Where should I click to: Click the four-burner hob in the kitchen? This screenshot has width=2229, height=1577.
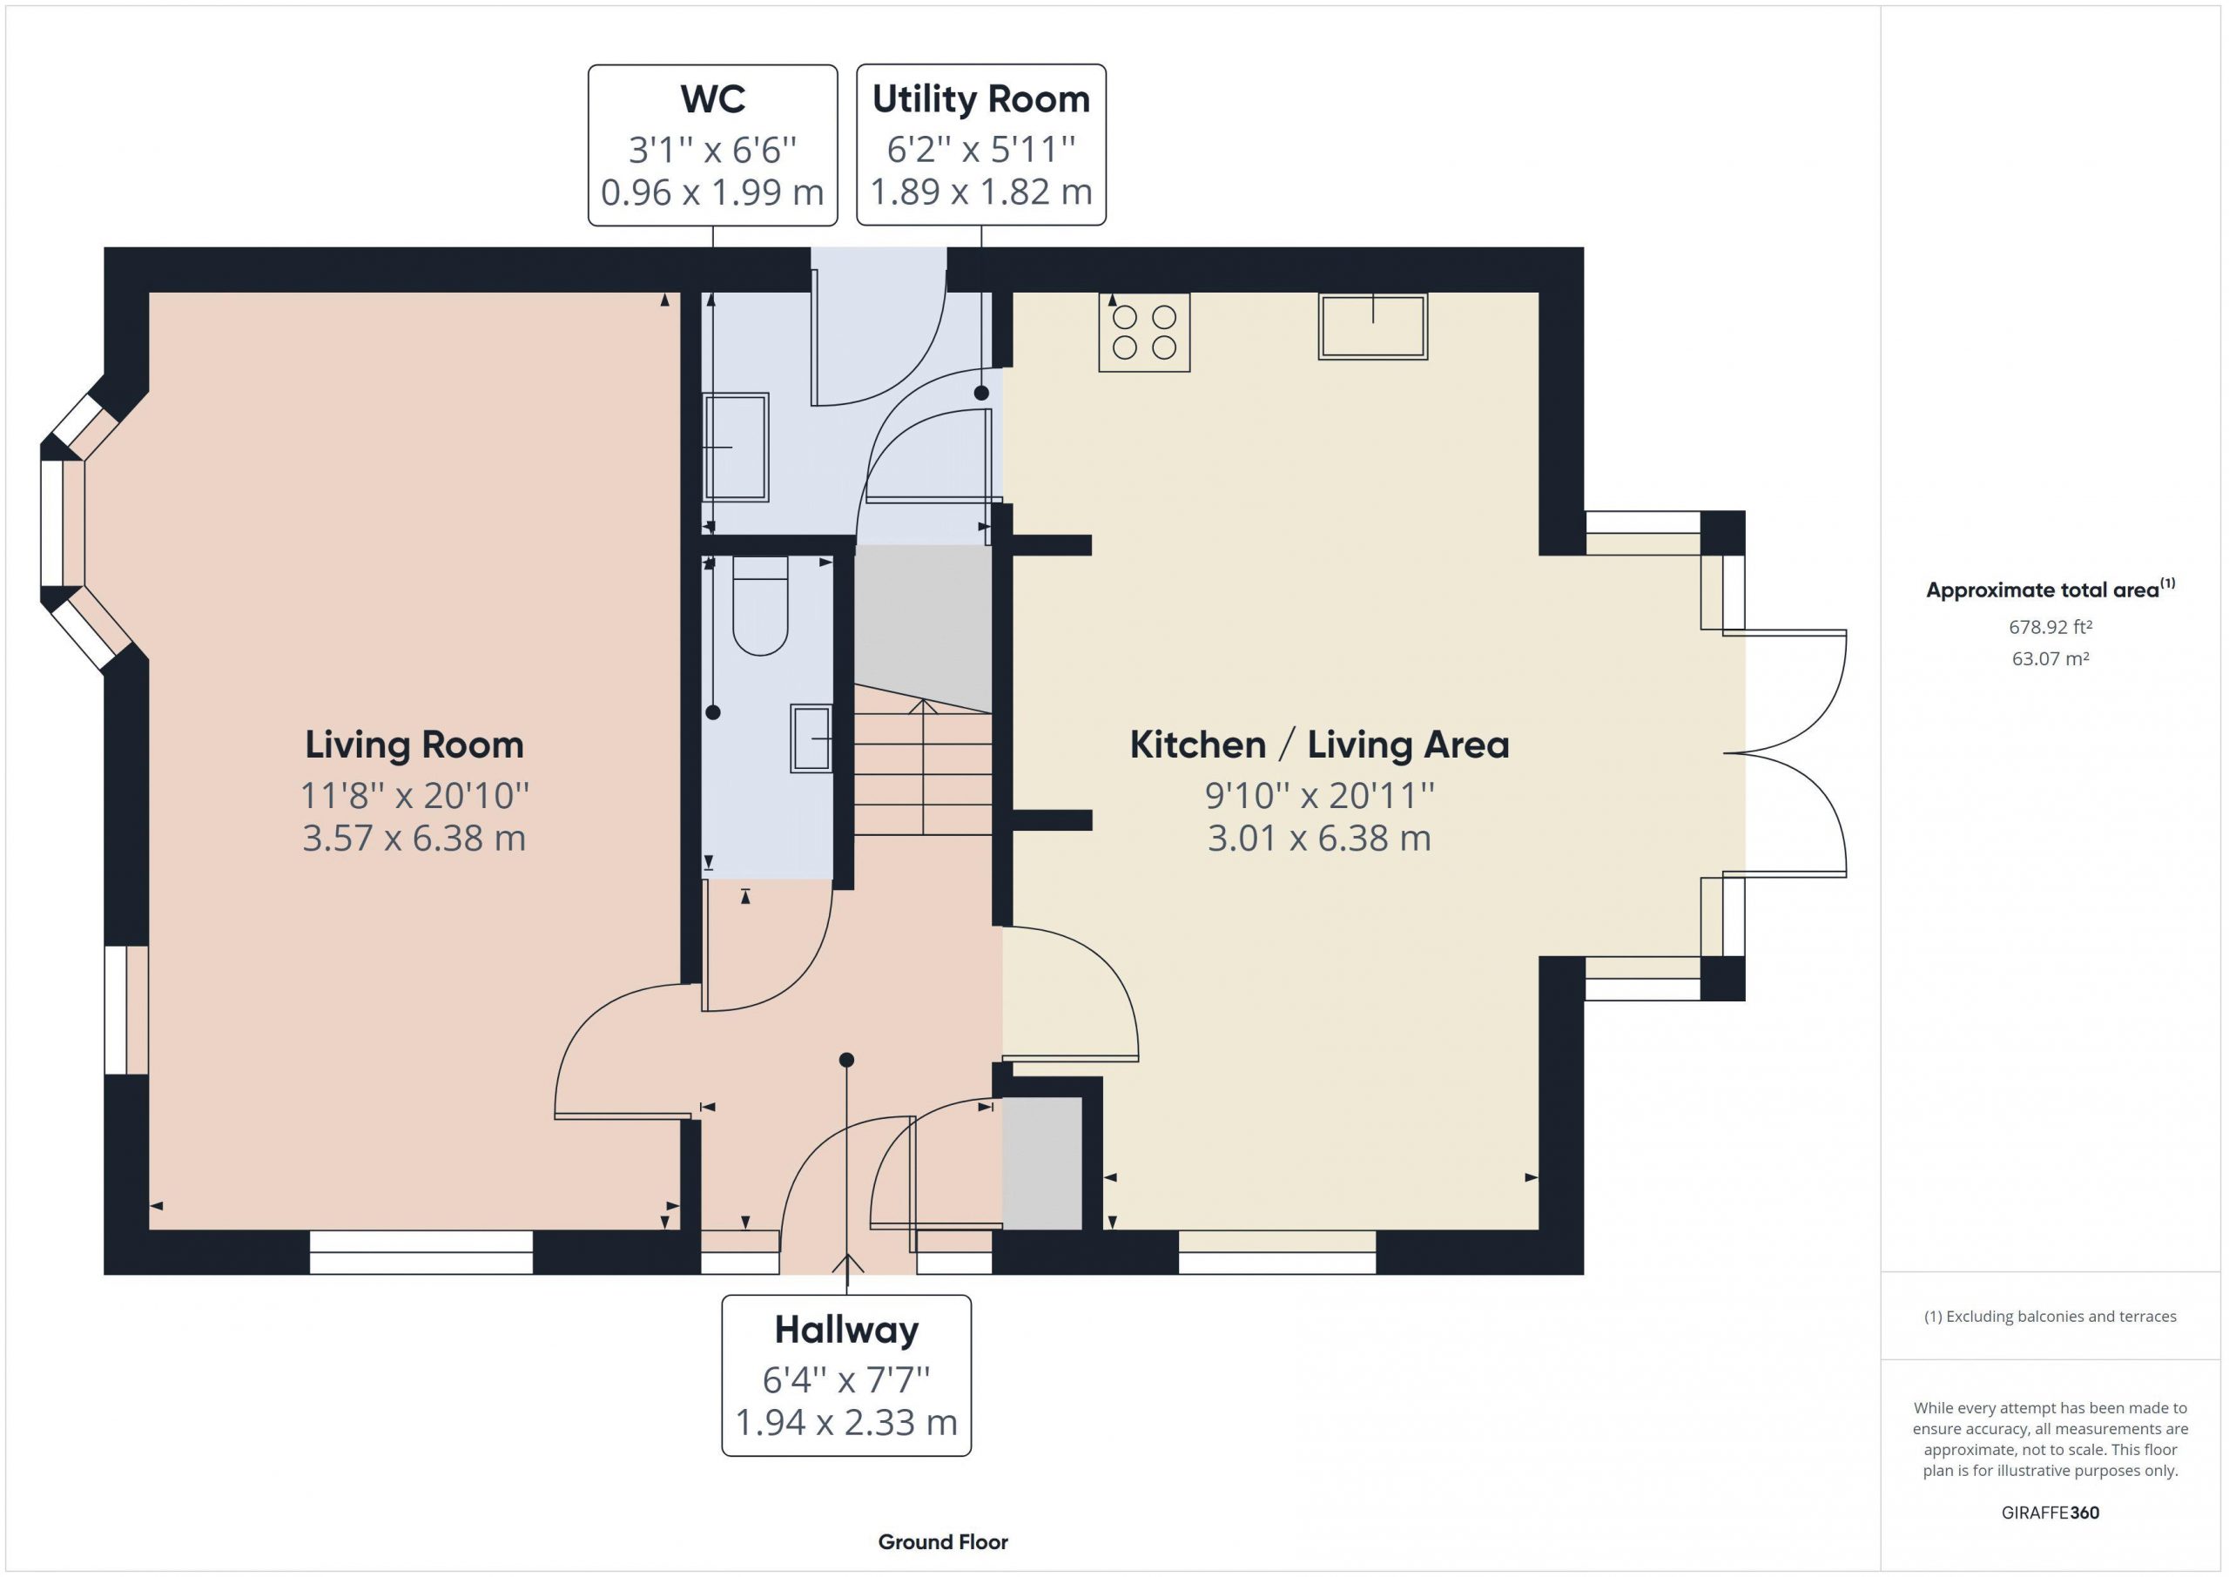tap(1143, 332)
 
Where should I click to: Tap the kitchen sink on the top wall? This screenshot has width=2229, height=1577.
tap(1371, 327)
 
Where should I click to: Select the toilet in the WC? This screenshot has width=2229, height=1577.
tap(759, 605)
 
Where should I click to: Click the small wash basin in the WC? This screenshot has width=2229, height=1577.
tap(811, 738)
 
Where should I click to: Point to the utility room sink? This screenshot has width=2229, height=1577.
tap(735, 447)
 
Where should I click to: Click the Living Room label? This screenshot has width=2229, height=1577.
tap(414, 745)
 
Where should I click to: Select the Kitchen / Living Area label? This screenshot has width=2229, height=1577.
tap(1319, 745)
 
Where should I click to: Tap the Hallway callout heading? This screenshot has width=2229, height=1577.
tap(846, 1331)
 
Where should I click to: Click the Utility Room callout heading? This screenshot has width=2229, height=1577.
tap(980, 99)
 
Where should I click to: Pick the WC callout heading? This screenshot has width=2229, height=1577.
tap(712, 99)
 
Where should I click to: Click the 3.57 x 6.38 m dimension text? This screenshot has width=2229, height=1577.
tap(414, 838)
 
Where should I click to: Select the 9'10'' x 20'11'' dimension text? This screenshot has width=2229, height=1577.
tap(1319, 795)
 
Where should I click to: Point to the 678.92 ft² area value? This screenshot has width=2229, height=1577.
tap(2051, 627)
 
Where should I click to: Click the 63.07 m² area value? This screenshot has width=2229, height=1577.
tap(2051, 658)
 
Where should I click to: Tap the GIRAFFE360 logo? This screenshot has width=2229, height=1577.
tap(2051, 1513)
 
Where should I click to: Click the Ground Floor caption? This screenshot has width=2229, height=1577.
tap(943, 1542)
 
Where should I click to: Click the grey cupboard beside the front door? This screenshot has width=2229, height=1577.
tap(1041, 1163)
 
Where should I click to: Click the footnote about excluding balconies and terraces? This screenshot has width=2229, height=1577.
tap(2051, 1317)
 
